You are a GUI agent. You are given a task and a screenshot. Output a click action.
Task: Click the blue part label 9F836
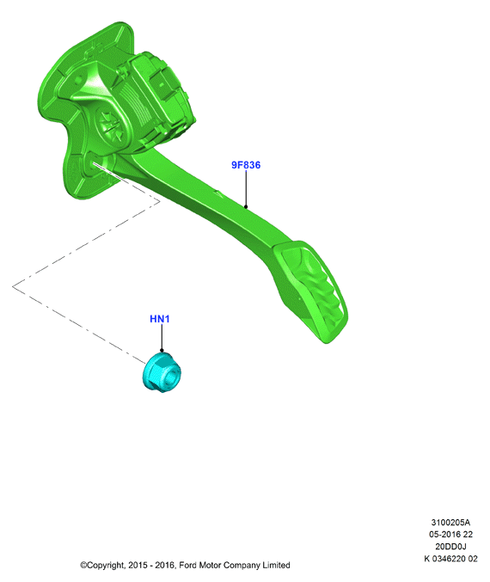click(x=246, y=165)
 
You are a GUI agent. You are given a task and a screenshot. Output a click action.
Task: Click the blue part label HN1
click(x=160, y=319)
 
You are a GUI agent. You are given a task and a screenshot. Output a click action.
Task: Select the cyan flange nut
click(x=162, y=372)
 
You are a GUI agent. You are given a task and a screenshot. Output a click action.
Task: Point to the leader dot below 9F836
click(x=246, y=206)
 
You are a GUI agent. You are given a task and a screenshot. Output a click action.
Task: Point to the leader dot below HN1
click(x=162, y=350)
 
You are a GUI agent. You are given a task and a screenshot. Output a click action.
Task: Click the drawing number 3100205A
click(x=450, y=522)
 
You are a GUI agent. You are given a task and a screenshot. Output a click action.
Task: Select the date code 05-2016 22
click(x=450, y=534)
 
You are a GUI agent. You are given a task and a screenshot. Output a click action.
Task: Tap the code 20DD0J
click(x=450, y=547)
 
